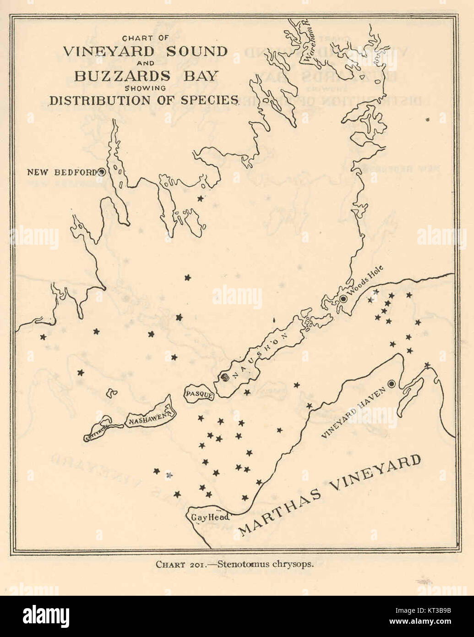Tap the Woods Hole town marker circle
pyautogui.click(x=343, y=299)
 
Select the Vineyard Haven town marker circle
pyautogui.click(x=392, y=384)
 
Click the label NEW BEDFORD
pyautogui.click(x=61, y=172)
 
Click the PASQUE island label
pyautogui.click(x=199, y=394)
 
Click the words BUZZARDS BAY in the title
pyautogui.click(x=145, y=76)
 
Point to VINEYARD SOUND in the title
pyautogui.click(x=145, y=51)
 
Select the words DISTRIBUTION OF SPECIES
pyautogui.click(x=144, y=100)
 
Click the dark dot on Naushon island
pyautogui.click(x=224, y=378)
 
